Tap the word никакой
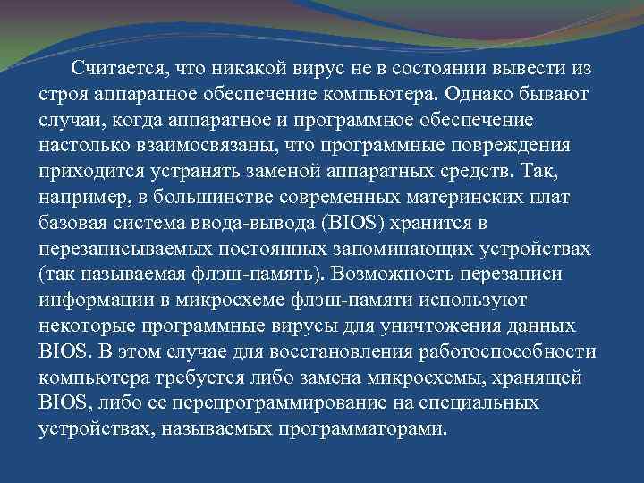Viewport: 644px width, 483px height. coord(249,69)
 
